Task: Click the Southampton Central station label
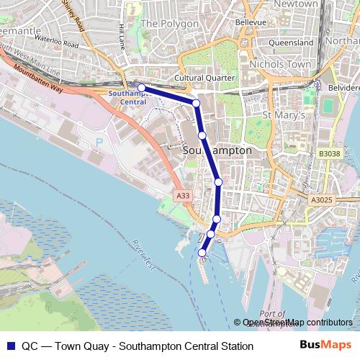(127, 97)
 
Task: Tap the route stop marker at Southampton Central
(141, 88)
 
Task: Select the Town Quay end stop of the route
(202, 252)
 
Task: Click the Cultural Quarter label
(204, 78)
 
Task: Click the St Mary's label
(284, 115)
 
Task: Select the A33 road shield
(183, 195)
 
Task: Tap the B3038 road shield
(328, 153)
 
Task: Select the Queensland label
(291, 42)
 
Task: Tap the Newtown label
(295, 4)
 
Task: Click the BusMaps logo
(326, 345)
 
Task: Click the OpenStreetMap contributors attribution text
(297, 323)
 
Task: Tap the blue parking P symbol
(100, 142)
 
